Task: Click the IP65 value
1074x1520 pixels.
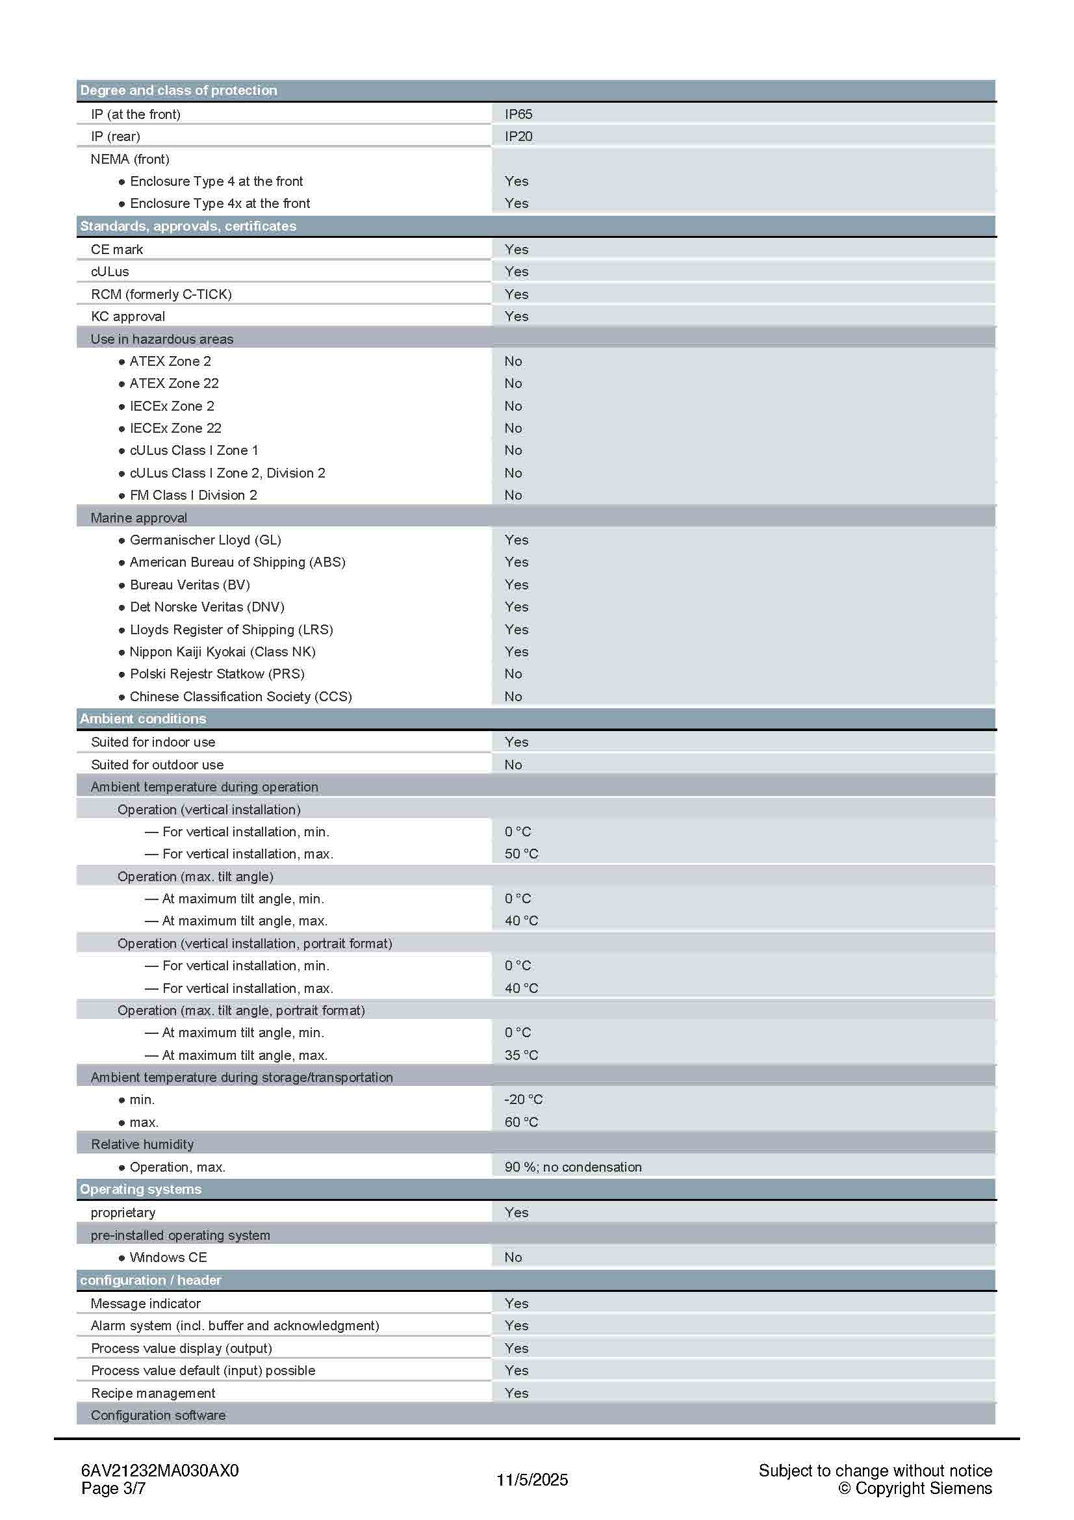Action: [x=518, y=114]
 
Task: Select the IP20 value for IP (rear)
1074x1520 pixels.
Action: [x=518, y=136]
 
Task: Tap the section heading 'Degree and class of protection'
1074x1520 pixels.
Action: [x=179, y=90]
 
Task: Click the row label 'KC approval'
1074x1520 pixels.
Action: [x=128, y=316]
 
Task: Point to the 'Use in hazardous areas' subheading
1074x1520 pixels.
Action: [x=162, y=339]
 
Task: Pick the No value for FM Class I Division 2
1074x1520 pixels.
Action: [x=513, y=495]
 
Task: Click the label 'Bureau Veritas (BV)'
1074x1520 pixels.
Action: [x=190, y=585]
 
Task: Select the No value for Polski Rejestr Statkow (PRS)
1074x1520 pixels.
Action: [x=513, y=674]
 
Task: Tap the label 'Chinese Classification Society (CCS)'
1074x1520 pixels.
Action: [x=241, y=697]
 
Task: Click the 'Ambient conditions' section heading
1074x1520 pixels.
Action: [x=143, y=719]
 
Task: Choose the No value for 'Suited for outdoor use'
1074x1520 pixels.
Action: [x=513, y=765]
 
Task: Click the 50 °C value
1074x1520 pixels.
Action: [x=522, y=854]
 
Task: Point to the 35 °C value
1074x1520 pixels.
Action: [x=522, y=1055]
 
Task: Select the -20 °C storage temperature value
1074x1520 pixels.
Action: [x=523, y=1100]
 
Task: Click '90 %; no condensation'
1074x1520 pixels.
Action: [x=573, y=1167]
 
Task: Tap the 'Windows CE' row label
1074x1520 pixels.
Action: [x=168, y=1257]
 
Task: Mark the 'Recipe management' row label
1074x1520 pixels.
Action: [x=153, y=1393]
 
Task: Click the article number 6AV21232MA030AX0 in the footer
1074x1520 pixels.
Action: [x=159, y=1471]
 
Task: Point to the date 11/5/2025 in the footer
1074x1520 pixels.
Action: [x=532, y=1480]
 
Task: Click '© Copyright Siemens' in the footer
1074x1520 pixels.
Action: [x=915, y=1488]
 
